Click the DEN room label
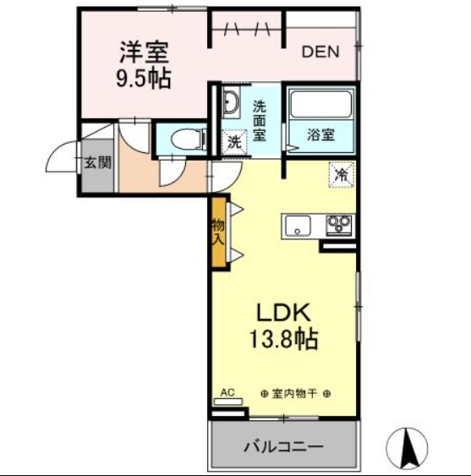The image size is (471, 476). coord(320,52)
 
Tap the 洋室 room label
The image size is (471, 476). coord(143,52)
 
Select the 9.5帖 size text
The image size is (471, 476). coord(143,79)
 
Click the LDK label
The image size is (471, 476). coord(282,311)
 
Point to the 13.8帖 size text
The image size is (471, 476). coord(282,341)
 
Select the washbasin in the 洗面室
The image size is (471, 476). coord(230,105)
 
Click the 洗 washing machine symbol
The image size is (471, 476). coord(233,142)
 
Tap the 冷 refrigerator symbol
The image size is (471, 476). coord(342,175)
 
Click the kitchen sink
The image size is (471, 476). coord(297,226)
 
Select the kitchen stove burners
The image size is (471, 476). coord(339,226)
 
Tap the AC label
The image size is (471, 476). coord(227,392)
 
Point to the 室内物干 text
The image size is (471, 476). coord(295,394)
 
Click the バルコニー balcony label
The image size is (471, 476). coord(285,445)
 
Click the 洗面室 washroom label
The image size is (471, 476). coord(260,120)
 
